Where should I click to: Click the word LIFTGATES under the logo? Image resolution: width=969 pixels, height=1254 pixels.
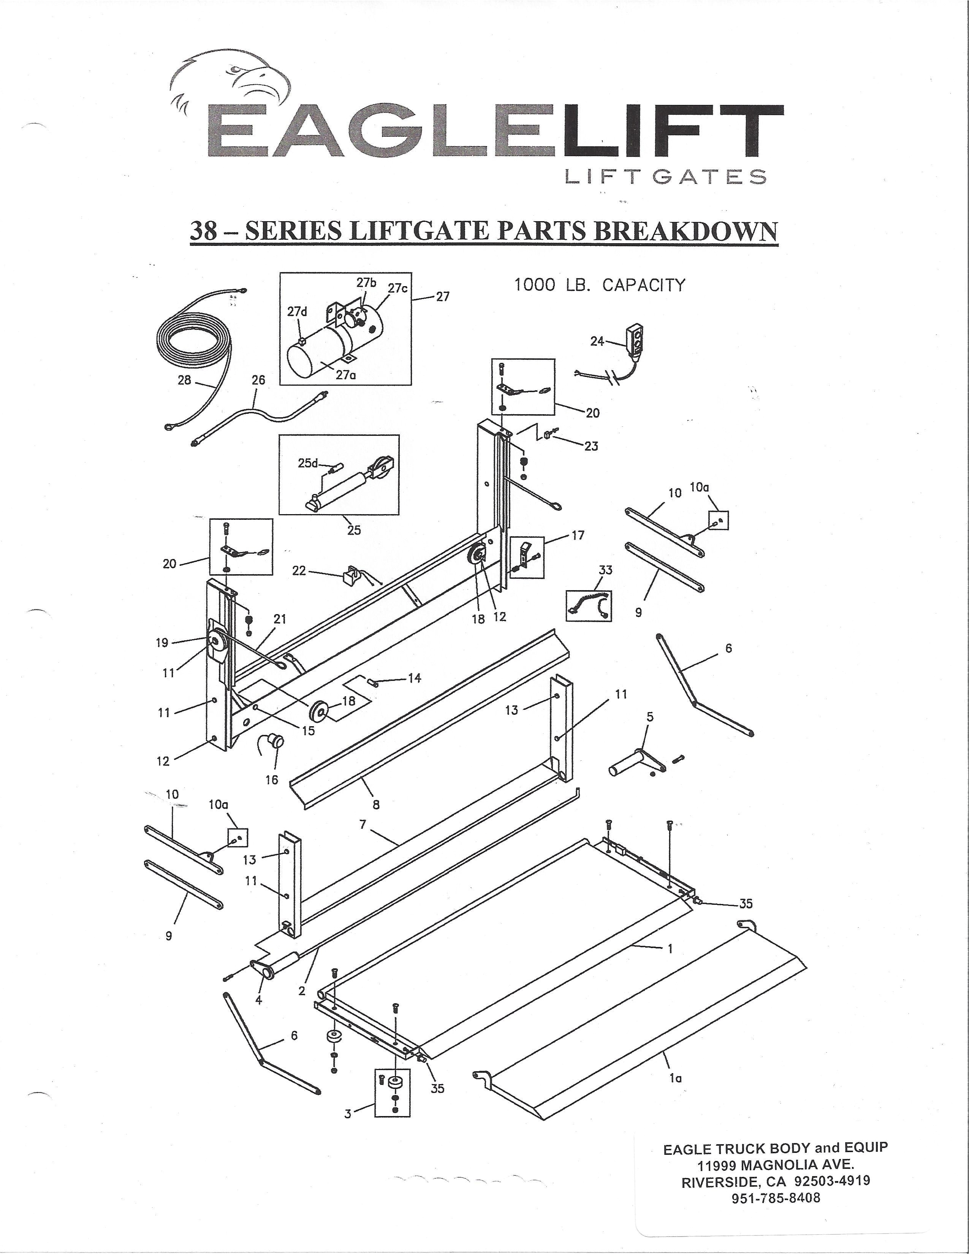click(665, 176)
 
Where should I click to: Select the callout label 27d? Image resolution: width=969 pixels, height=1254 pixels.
click(298, 312)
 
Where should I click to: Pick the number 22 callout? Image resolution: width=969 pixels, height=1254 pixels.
click(299, 571)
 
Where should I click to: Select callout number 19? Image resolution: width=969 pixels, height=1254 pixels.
click(163, 643)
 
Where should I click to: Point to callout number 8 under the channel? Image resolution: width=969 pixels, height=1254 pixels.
click(376, 804)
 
